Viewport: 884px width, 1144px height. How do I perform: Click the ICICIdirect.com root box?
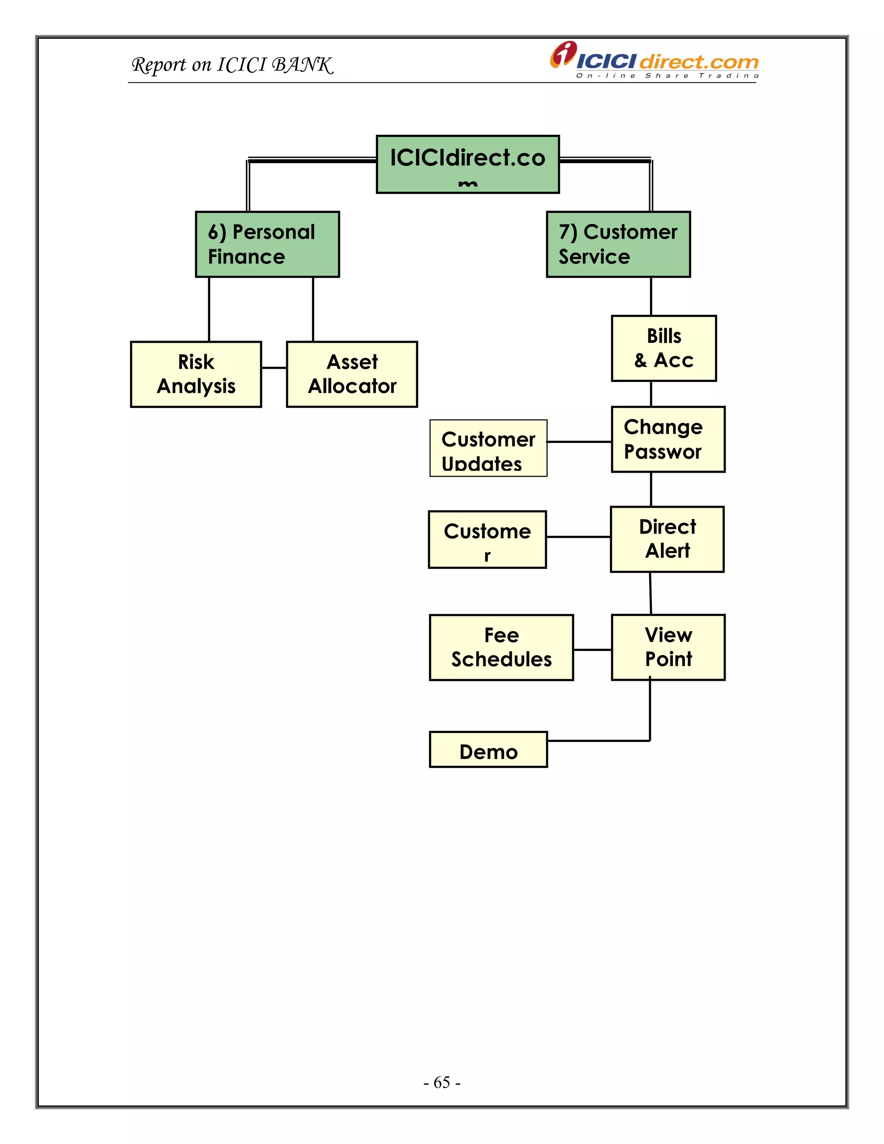coord(467,164)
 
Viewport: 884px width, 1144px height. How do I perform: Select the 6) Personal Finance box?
coord(267,244)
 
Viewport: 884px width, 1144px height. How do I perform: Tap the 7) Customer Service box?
coord(618,244)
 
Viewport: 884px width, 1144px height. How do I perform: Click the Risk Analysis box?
coord(196,374)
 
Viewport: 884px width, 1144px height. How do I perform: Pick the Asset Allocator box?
coord(352,374)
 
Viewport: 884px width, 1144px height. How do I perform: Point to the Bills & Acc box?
coord(663,348)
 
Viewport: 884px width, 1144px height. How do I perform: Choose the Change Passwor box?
coord(668,439)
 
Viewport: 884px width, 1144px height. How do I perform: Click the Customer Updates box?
coord(488,449)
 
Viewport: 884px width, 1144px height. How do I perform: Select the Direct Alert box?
coord(667,539)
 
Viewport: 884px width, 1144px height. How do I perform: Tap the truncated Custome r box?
coord(487,540)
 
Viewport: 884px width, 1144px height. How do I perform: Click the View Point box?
coord(668,647)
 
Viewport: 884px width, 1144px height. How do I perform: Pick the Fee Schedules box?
coord(501,648)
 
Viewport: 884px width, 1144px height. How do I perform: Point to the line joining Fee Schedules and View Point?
coord(592,650)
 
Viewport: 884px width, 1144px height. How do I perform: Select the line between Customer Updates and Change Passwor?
coord(579,442)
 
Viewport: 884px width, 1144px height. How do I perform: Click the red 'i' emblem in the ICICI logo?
coord(563,54)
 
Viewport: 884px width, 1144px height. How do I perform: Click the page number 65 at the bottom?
coord(442,1082)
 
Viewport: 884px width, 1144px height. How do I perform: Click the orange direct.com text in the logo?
coord(699,62)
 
